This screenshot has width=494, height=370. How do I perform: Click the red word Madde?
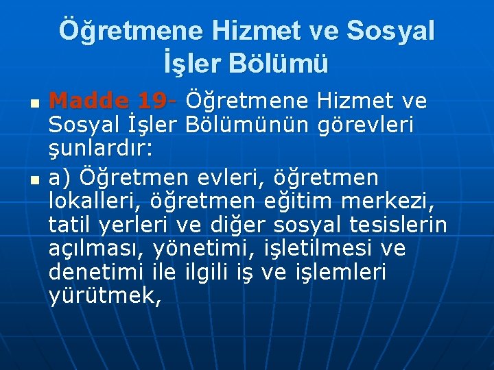coord(89,102)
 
